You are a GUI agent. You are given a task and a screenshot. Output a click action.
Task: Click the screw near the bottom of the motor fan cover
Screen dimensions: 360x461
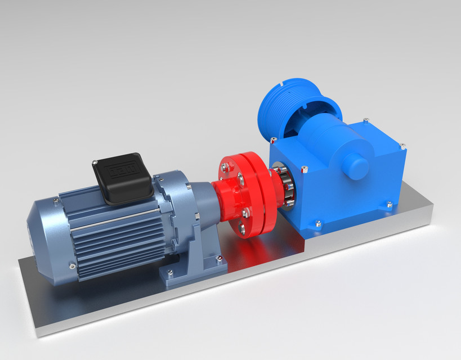point(72,265)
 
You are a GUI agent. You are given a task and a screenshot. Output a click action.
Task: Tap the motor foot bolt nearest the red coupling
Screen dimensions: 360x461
point(220,259)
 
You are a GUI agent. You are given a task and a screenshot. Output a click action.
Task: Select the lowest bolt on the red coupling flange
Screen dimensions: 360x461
point(242,228)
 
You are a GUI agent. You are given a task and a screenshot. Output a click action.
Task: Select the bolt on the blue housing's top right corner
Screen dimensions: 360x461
point(403,147)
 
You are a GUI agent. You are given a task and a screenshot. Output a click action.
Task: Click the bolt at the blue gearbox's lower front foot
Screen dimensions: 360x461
point(319,224)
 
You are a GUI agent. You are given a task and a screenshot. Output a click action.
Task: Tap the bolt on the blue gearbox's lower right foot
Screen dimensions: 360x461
point(388,205)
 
